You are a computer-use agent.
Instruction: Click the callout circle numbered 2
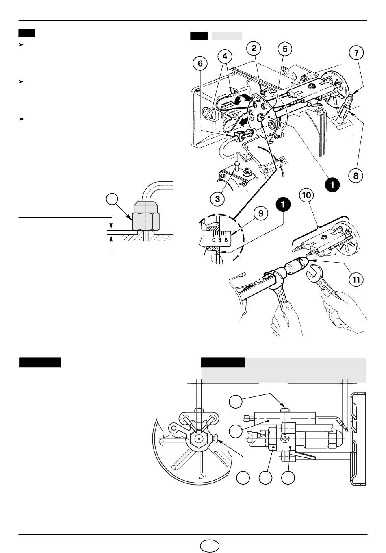pyautogui.click(x=254, y=48)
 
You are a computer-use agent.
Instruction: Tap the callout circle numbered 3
pyautogui.click(x=217, y=199)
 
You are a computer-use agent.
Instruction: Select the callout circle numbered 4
pyautogui.click(x=225, y=57)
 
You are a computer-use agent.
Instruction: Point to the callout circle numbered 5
pyautogui.click(x=285, y=49)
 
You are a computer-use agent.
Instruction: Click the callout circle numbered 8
pyautogui.click(x=356, y=176)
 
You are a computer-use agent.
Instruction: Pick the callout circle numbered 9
pyautogui.click(x=261, y=213)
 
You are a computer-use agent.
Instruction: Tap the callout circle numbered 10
pyautogui.click(x=306, y=195)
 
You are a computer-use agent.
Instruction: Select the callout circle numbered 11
pyautogui.click(x=356, y=279)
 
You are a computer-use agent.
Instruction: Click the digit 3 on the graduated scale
pyautogui.click(x=219, y=240)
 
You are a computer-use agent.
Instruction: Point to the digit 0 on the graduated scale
pyautogui.click(x=214, y=240)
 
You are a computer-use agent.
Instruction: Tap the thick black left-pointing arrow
pyautogui.click(x=245, y=122)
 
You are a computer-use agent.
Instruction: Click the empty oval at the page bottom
pyautogui.click(x=209, y=545)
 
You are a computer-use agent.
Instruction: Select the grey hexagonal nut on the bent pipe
pyautogui.click(x=146, y=221)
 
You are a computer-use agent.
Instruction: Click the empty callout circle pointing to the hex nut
pyautogui.click(x=112, y=199)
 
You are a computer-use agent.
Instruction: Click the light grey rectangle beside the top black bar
pyautogui.click(x=227, y=36)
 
